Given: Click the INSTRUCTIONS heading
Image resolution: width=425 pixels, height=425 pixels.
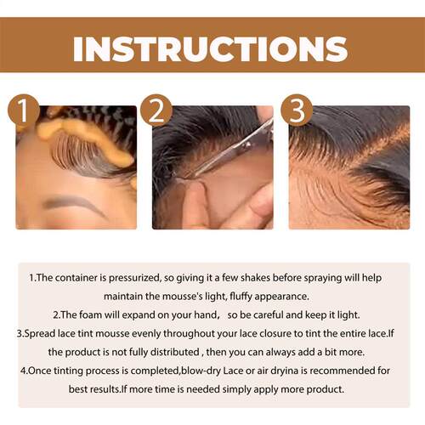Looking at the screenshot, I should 210,48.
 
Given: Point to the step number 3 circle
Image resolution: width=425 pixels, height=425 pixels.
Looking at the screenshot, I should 297,111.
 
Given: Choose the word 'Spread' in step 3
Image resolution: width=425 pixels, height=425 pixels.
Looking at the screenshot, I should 41,333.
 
